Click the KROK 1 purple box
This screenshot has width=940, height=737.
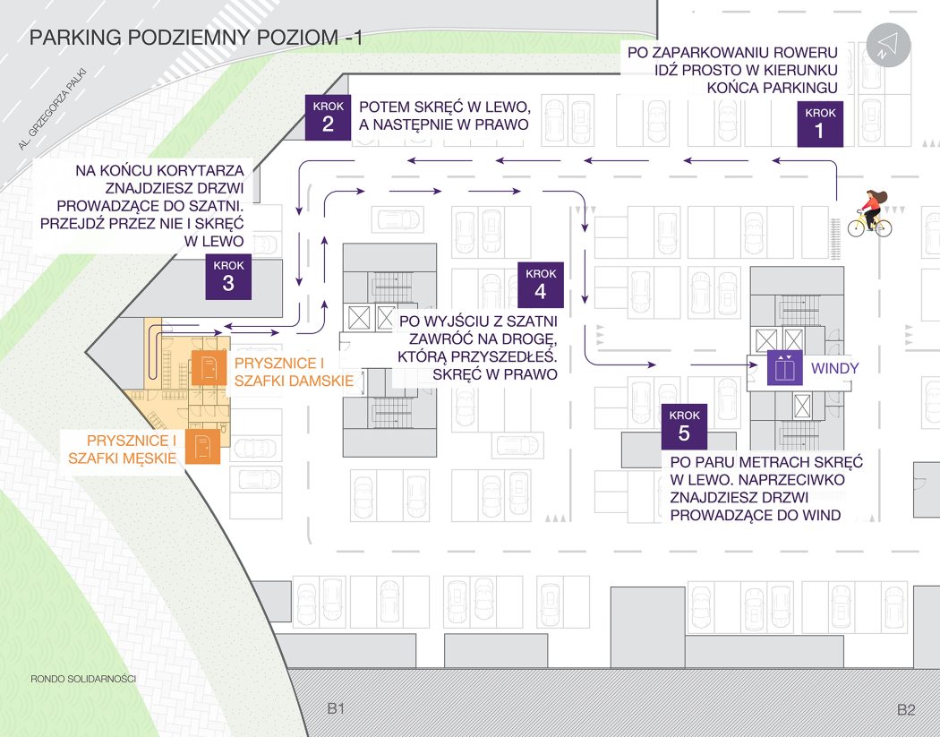820,124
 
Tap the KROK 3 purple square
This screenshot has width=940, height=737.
228,276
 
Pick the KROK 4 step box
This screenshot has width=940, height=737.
540,284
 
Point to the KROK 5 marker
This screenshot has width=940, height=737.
685,425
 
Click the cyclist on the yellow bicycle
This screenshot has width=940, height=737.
869,215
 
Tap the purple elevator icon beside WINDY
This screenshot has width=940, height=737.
784,368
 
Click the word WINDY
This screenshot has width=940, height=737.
835,368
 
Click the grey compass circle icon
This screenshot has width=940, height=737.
888,45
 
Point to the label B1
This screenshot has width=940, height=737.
336,709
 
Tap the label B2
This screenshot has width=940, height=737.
906,709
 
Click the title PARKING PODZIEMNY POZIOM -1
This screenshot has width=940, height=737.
196,39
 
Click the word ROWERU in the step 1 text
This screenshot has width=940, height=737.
801,51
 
